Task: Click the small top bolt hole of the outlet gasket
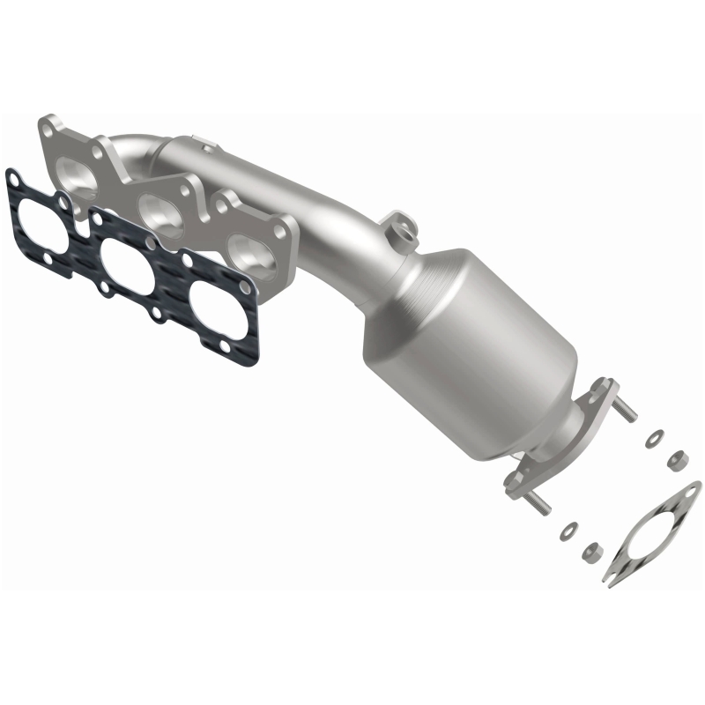tap(689, 492)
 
